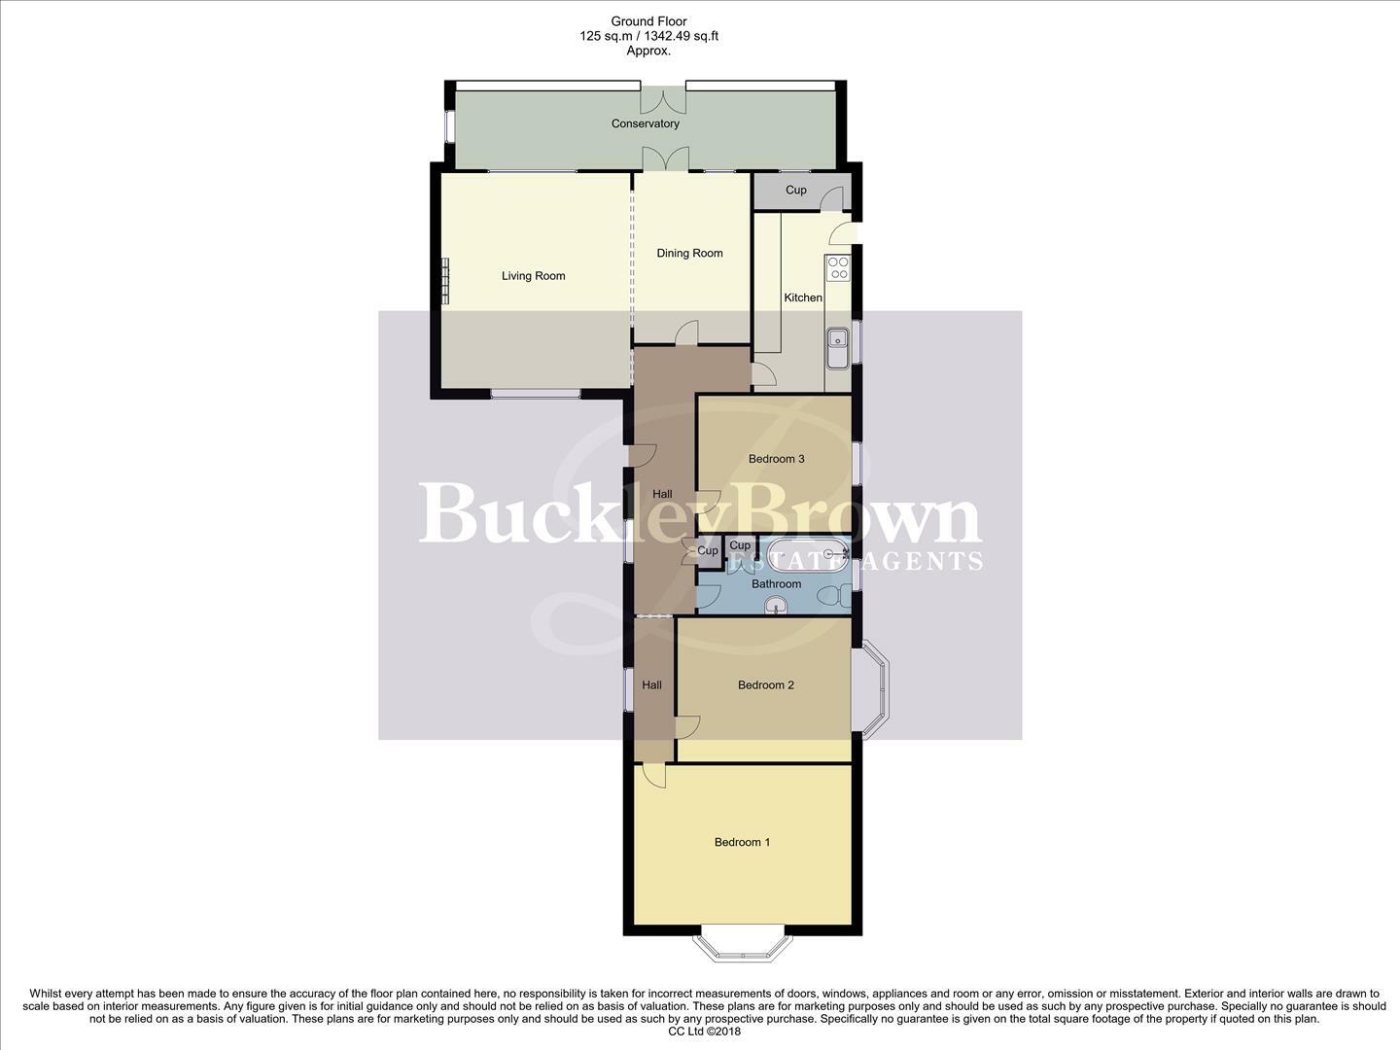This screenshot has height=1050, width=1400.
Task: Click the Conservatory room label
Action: [645, 123]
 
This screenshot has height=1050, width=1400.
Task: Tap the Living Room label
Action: [533, 276]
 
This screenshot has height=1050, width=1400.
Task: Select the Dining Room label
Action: [689, 254]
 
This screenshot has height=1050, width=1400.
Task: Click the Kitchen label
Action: [803, 297]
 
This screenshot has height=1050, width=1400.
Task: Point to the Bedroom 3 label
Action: [776, 459]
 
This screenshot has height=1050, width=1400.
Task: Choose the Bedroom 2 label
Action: [765, 685]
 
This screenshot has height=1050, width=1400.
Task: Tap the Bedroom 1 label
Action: [742, 842]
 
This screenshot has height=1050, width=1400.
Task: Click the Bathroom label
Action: [776, 584]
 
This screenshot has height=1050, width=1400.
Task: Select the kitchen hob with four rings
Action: [837, 267]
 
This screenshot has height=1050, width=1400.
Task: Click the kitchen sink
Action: [836, 347]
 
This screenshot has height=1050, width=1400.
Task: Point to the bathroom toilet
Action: [830, 595]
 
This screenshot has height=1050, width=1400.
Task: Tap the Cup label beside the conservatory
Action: [795, 191]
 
